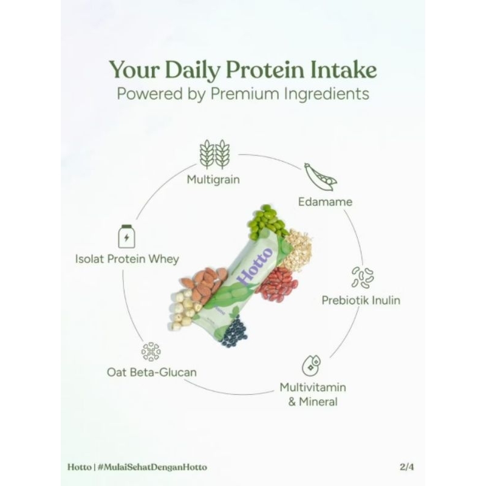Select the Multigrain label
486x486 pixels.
click(213, 179)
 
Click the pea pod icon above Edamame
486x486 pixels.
click(320, 176)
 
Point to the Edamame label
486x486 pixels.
click(325, 201)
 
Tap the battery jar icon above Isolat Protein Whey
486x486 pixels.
click(126, 237)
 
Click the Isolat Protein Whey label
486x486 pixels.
click(127, 259)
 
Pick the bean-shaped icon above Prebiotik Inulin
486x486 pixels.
click(363, 277)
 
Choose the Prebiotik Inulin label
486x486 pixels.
click(361, 300)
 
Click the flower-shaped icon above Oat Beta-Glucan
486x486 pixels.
click(151, 352)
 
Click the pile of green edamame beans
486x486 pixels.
click(266, 222)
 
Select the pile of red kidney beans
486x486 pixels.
click(276, 284)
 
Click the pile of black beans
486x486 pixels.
click(233, 331)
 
